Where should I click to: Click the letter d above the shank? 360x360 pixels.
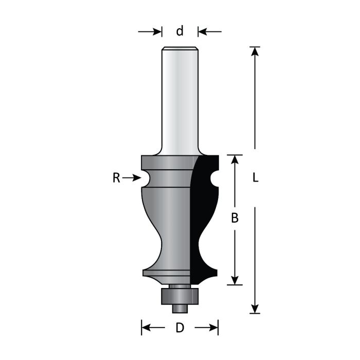coord(179,32)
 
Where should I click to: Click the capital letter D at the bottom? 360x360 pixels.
coord(179,328)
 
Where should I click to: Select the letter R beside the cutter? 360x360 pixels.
coord(117,178)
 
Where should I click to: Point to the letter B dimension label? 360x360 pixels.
coord(235,218)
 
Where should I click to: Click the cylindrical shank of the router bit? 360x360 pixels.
coord(179,98)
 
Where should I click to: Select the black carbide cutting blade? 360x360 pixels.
coord(203,216)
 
